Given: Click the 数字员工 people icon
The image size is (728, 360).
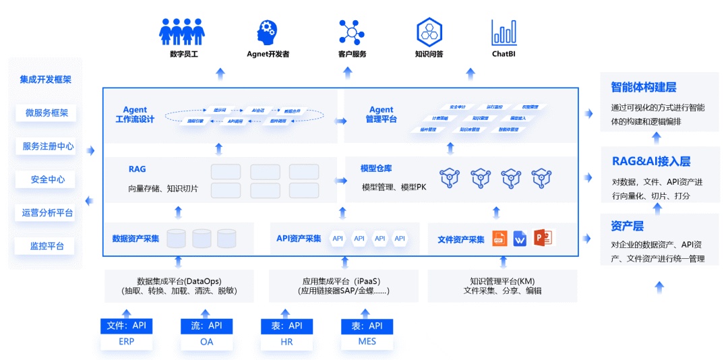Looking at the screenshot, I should coord(182,31).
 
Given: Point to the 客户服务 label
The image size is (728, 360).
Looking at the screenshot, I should coord(352,54).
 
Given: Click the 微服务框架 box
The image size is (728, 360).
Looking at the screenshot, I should coord(47,113).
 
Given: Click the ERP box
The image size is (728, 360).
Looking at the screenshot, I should coord(125,342).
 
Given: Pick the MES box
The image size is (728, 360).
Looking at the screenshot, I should coord(367,342).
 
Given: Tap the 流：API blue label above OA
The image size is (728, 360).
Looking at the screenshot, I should coord(206,326).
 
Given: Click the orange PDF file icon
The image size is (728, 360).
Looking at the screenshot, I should coord(499,238).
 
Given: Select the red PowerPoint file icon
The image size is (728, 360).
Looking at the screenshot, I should coord(543,238).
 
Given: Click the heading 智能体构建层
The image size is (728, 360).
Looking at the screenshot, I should coord(643,88).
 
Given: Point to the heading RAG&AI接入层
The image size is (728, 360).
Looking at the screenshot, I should coord(650,161).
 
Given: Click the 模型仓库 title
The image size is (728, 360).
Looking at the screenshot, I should coord(377,168).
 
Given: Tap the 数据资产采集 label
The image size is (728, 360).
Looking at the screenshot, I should coord(135,239).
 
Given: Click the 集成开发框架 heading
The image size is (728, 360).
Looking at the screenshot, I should coord(46,80).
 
